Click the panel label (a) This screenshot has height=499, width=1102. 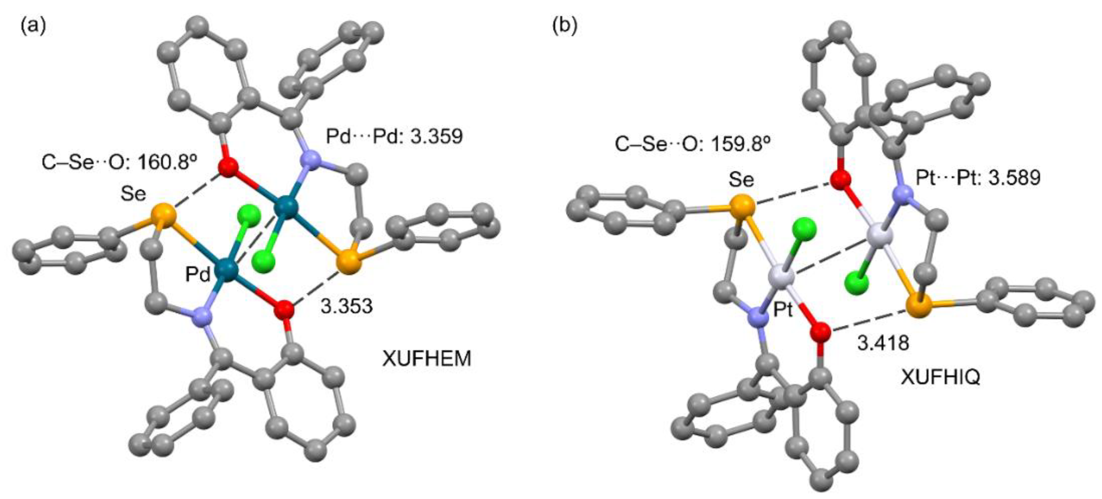pyautogui.click(x=33, y=27)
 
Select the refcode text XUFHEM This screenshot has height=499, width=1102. pyautogui.click(x=427, y=358)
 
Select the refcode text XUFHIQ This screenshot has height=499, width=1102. pyautogui.click(x=940, y=377)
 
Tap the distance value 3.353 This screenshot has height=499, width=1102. pyautogui.click(x=347, y=306)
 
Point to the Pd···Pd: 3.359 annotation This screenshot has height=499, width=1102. pyautogui.click(x=394, y=137)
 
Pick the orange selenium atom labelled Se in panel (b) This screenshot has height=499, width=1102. pyautogui.click(x=742, y=207)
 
